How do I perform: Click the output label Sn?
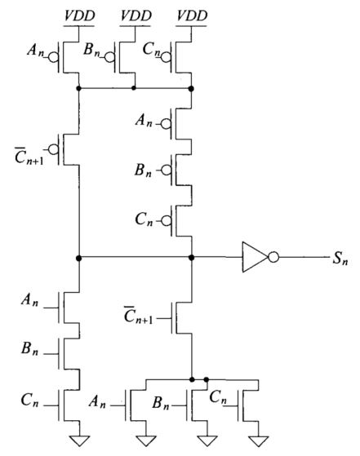pos(340,258)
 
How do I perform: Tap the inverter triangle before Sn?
pos(255,257)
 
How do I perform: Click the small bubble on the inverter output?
pos(273,258)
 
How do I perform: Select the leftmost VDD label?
pos(79,15)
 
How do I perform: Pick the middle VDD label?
pos(136,15)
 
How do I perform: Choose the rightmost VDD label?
pos(192,15)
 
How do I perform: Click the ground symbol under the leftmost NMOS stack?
pos(79,441)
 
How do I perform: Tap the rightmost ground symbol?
pos(259,441)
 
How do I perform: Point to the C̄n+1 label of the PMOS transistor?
pos(29,156)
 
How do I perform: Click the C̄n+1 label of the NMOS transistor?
pos(138,315)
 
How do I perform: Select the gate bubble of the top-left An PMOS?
pos(53,58)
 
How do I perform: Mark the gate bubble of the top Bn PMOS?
pos(109,58)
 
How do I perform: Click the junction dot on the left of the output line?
pos(78,258)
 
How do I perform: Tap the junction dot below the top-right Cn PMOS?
pos(191,88)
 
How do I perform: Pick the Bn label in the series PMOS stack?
pos(143,170)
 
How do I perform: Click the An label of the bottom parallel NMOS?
pos(97,402)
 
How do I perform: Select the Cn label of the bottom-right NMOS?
pos(218,397)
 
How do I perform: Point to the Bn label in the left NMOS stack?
pos(29,348)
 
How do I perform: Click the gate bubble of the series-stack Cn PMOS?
pos(167,221)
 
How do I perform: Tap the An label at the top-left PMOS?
pos(36,50)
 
